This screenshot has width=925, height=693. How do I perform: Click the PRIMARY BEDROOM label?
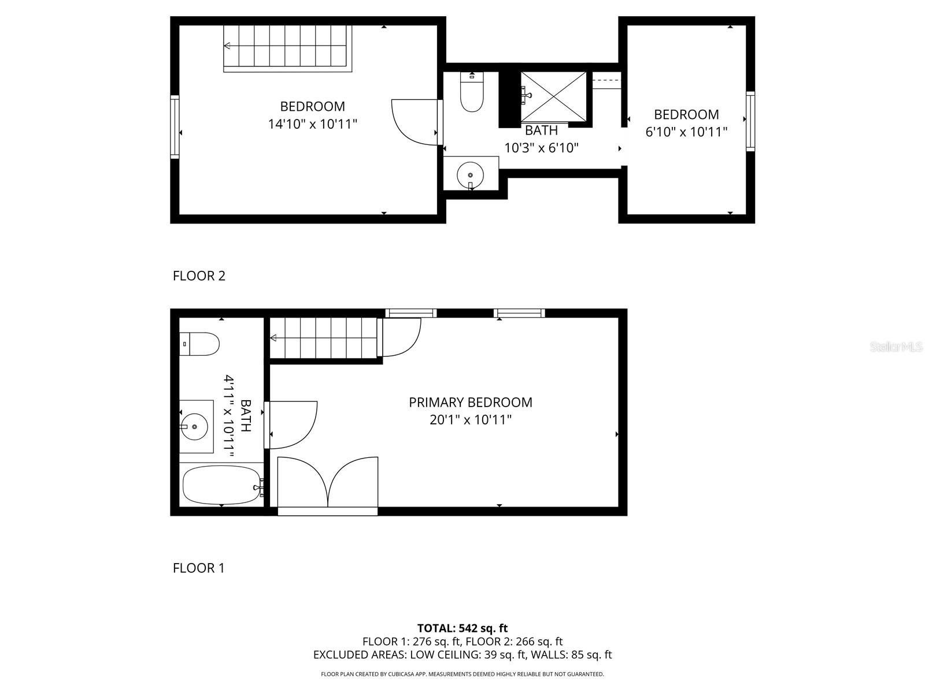point(470,402)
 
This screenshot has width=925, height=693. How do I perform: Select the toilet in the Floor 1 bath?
point(200,344)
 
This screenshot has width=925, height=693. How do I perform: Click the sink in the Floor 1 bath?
point(195,427)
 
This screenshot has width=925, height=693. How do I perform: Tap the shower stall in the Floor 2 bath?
point(553,96)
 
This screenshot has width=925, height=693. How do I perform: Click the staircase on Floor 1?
point(324,338)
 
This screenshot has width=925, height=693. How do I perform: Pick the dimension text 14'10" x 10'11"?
point(313,124)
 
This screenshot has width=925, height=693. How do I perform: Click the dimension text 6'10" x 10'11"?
point(686,132)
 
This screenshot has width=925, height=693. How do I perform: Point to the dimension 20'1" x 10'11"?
point(471,419)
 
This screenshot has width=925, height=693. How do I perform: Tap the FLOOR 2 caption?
point(199,275)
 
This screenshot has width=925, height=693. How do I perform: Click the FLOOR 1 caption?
point(198,568)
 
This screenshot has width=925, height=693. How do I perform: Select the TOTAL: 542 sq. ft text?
point(462,628)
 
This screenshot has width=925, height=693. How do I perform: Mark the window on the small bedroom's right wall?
point(750,121)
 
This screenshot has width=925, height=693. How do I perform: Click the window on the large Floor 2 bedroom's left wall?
point(175,126)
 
